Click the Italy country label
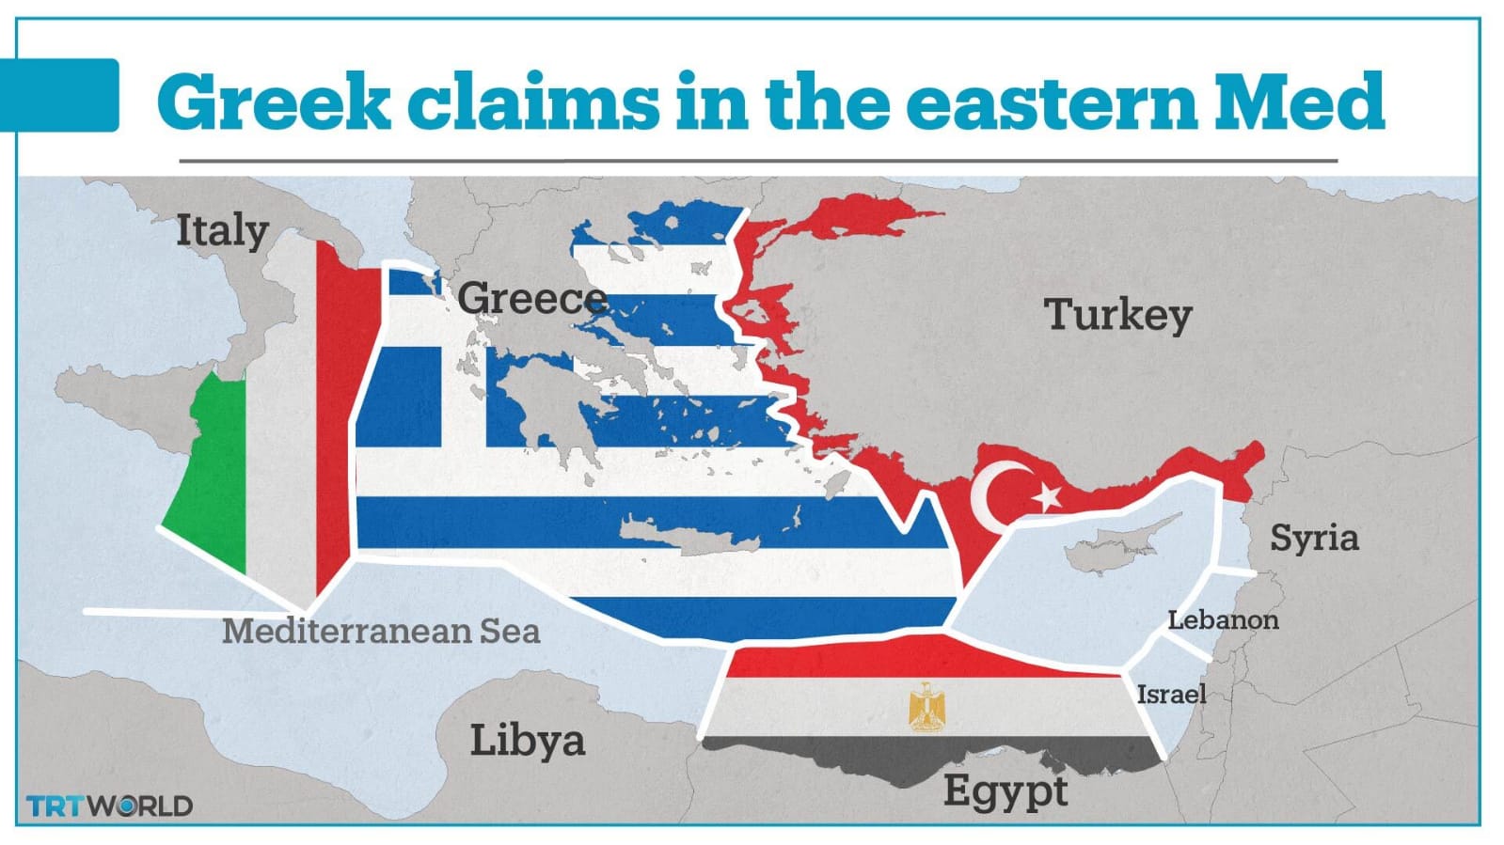222,230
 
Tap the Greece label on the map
531,299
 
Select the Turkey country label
1117,314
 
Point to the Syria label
1313,538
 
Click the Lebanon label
1223,619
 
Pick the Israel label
1171,694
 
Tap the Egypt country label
1005,791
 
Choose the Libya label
527,740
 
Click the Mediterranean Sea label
381,631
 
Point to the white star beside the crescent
1046,497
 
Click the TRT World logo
109,806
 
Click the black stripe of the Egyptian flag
931,757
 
